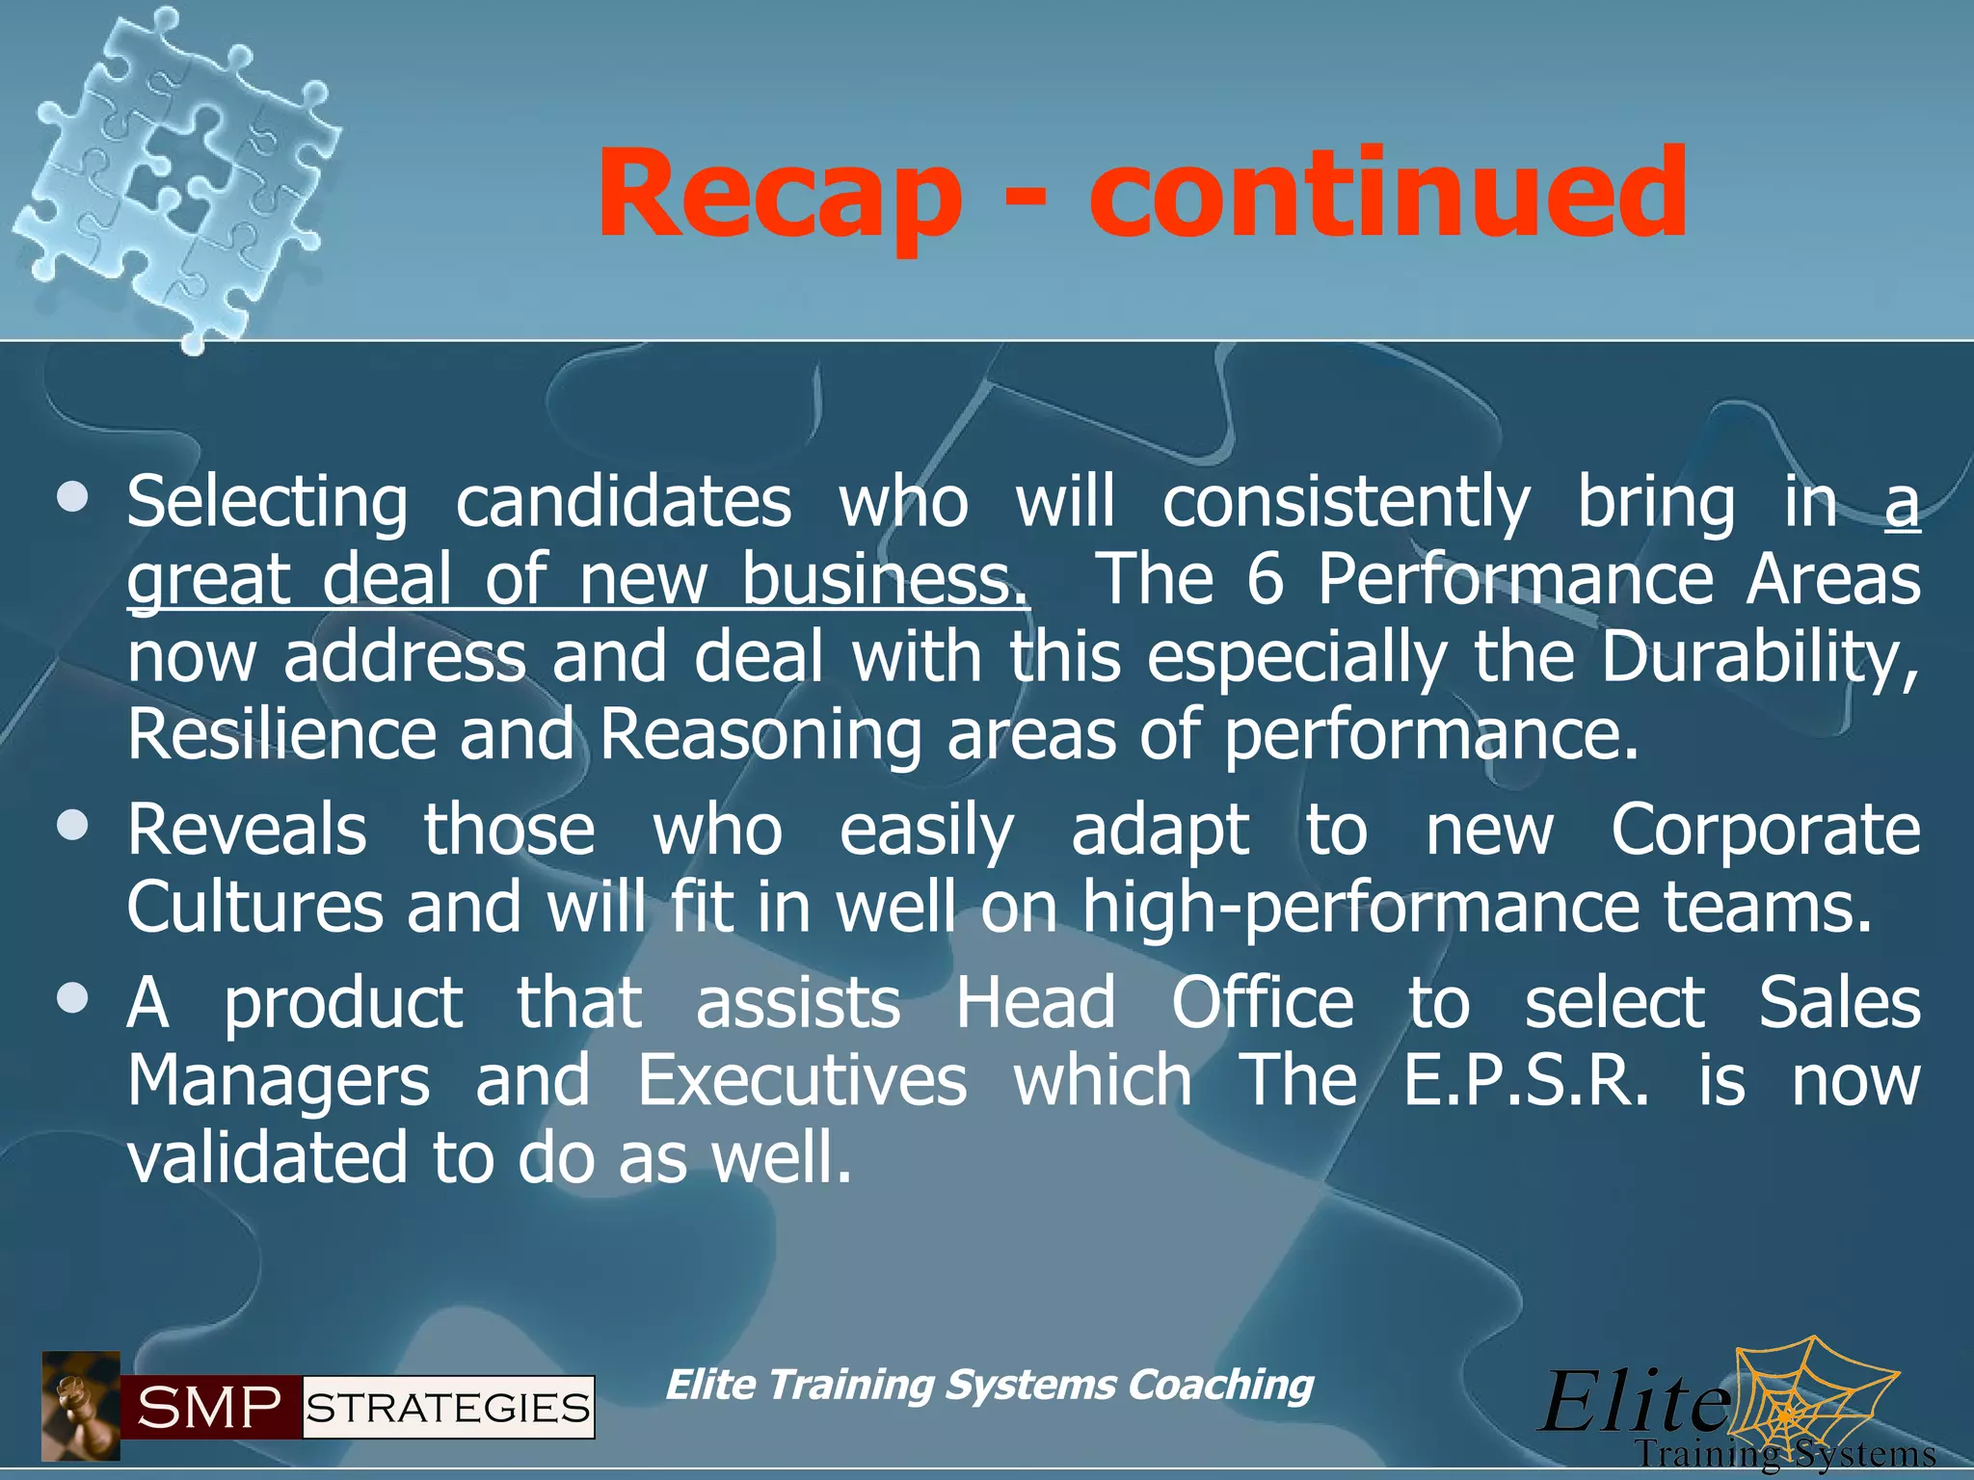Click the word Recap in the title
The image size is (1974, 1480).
(x=779, y=196)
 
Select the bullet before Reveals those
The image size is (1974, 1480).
(x=72, y=826)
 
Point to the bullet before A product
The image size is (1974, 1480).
(x=72, y=998)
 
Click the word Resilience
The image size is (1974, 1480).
(x=281, y=734)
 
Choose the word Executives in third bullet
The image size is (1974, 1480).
(x=802, y=1080)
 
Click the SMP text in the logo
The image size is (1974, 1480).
(x=209, y=1408)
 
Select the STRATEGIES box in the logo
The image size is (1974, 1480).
(x=448, y=1408)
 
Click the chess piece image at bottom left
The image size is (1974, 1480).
(x=80, y=1406)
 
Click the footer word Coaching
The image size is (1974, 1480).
(x=1220, y=1385)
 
